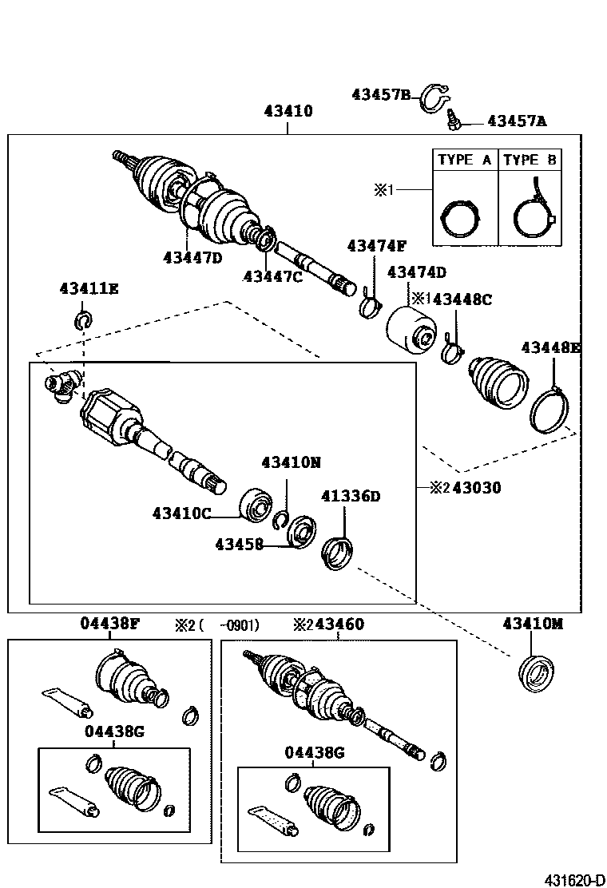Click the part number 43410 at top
(288, 112)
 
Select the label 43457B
(380, 95)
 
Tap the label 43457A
(517, 121)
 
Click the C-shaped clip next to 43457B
(432, 96)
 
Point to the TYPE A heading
(464, 160)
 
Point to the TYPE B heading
(530, 160)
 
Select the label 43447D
(193, 257)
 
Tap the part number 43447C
(273, 276)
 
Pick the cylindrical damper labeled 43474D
(410, 329)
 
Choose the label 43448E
(551, 347)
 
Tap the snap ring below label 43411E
(83, 321)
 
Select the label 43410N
(291, 462)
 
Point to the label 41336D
(351, 496)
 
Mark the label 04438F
(109, 624)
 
